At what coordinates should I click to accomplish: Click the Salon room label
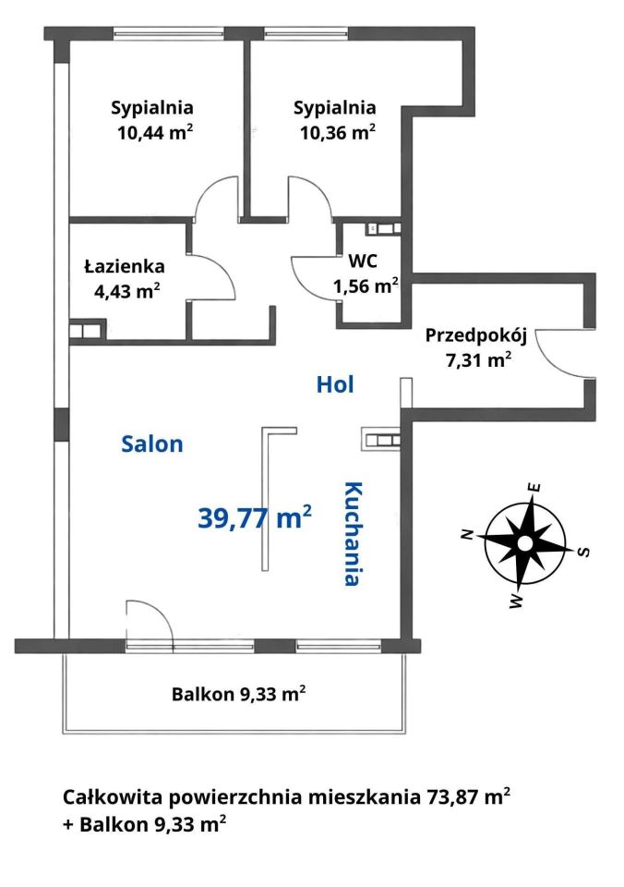152,444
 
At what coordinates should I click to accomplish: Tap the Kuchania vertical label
353,533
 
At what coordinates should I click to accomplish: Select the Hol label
335,384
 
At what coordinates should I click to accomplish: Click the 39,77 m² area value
255,517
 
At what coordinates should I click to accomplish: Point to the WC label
363,261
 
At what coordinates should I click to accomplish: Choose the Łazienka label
125,265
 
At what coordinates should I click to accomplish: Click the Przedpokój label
476,335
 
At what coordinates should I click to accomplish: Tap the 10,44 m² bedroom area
155,132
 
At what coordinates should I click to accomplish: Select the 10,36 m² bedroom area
338,132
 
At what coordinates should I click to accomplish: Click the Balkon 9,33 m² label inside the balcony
239,694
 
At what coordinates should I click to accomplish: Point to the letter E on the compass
534,487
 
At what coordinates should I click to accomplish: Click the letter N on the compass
467,534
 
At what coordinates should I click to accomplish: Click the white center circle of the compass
525,543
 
